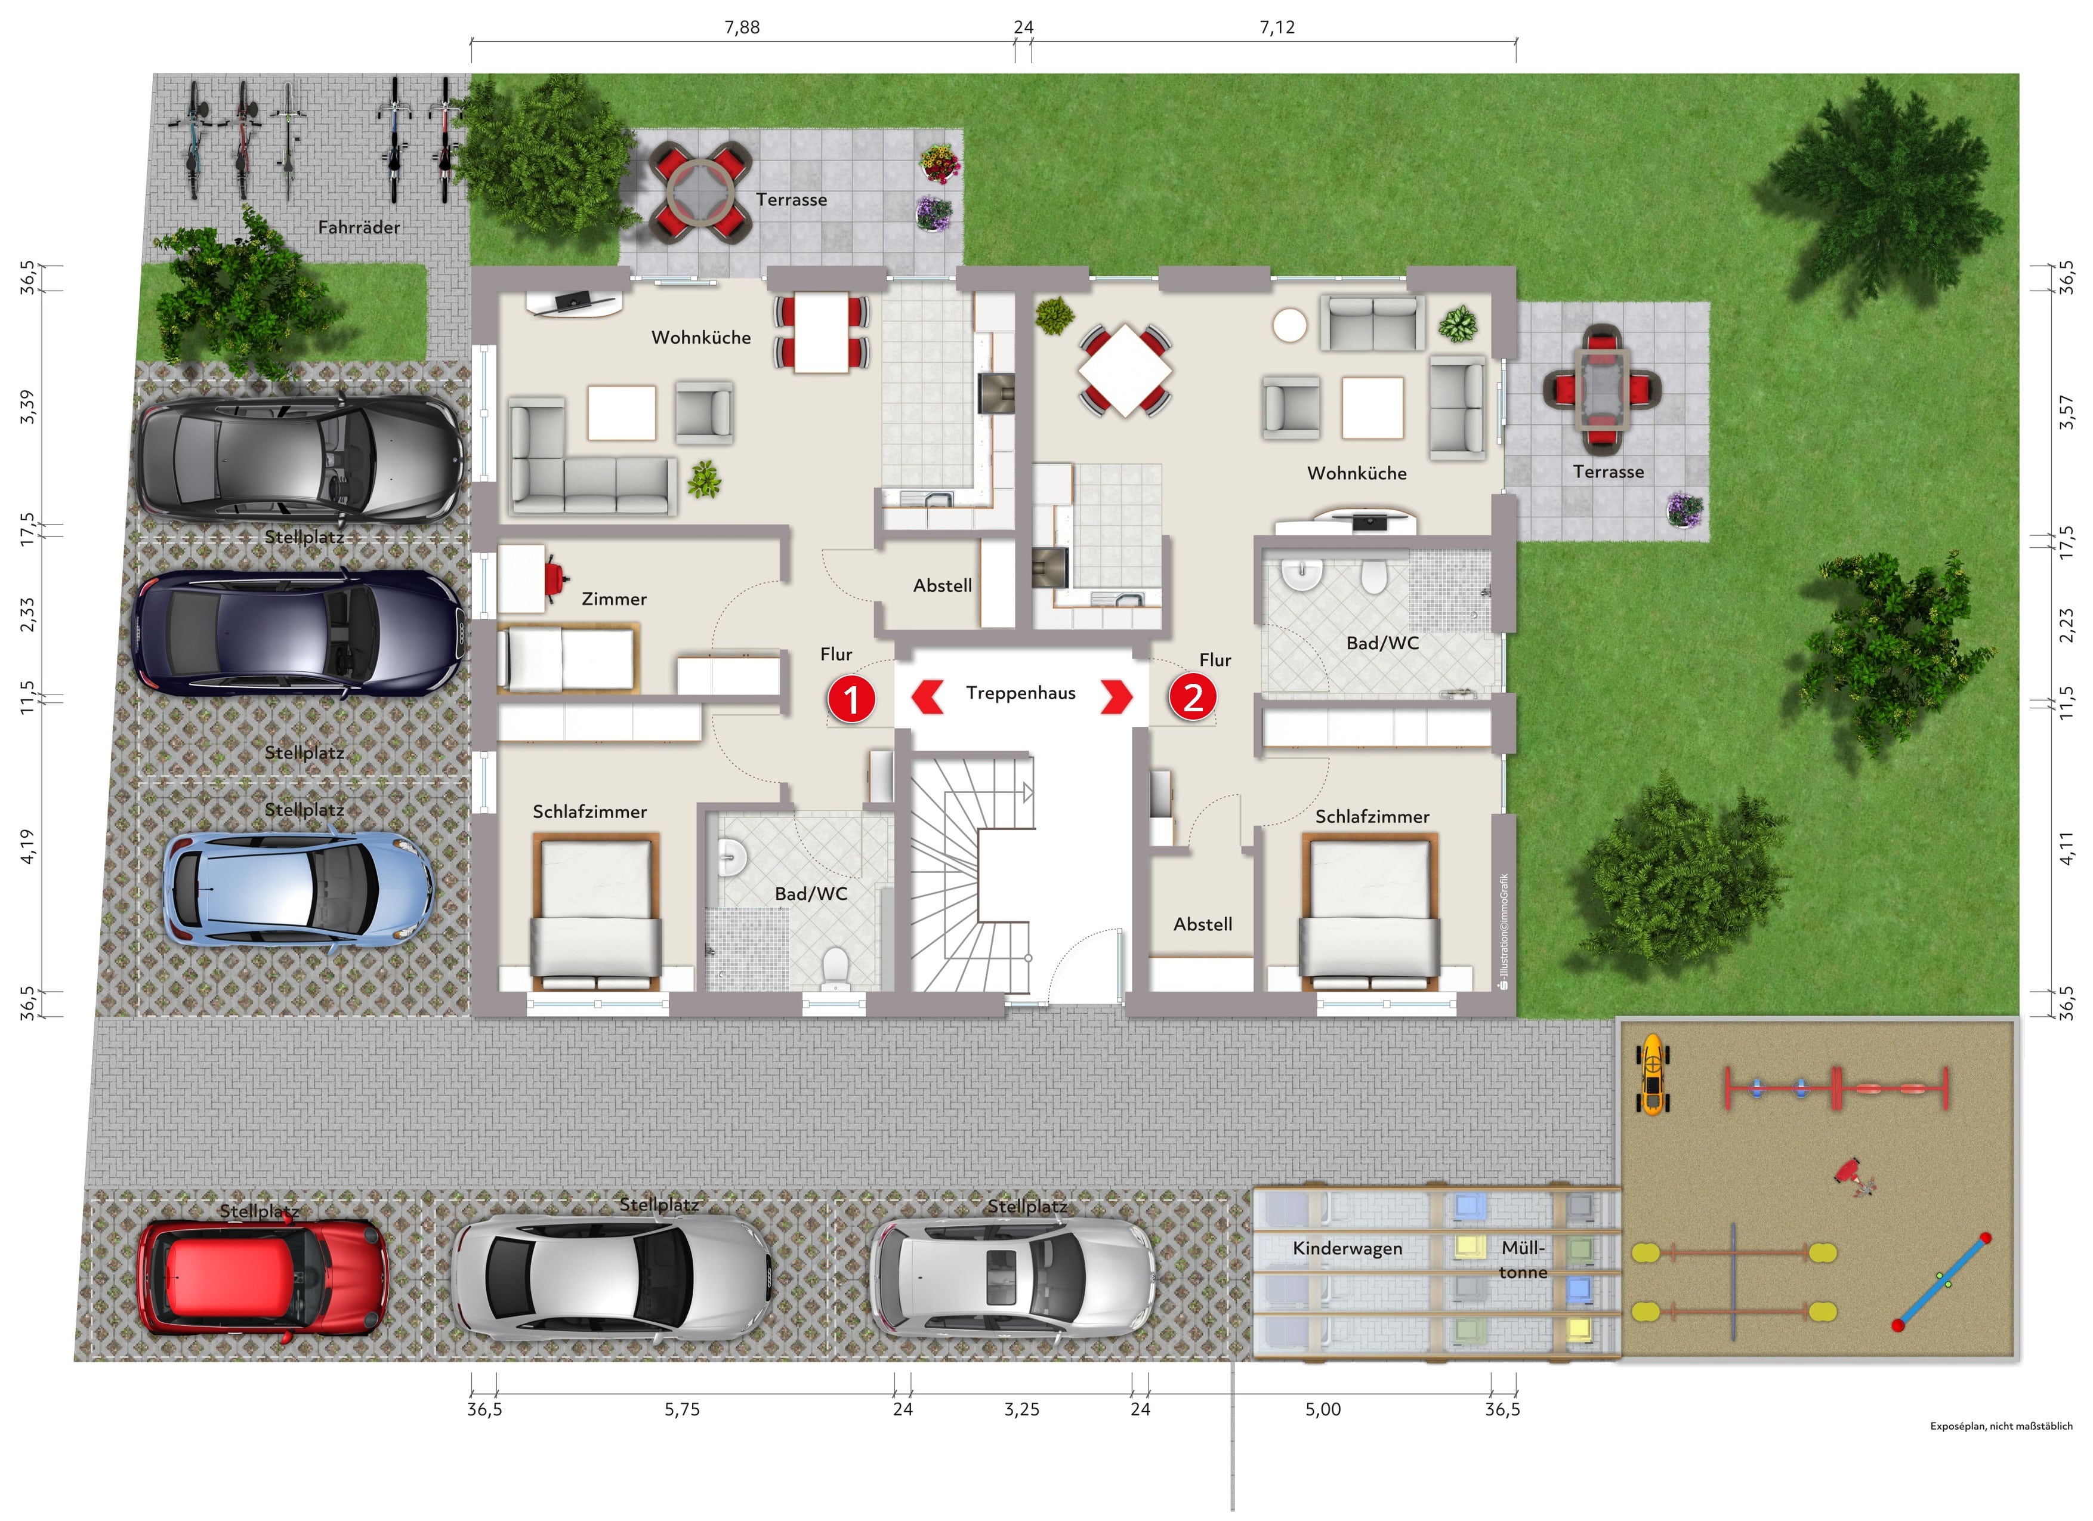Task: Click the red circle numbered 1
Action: tap(851, 699)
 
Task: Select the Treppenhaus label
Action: tap(1021, 693)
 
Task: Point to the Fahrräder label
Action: tap(359, 227)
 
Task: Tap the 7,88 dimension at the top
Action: tap(742, 27)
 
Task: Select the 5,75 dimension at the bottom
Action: tap(682, 1409)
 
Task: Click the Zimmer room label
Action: tap(614, 599)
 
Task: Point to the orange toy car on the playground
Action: tap(1652, 1074)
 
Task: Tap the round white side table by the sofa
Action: tap(1289, 325)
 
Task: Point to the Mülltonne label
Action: tap(1523, 1260)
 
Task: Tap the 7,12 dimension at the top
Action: tap(1277, 27)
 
